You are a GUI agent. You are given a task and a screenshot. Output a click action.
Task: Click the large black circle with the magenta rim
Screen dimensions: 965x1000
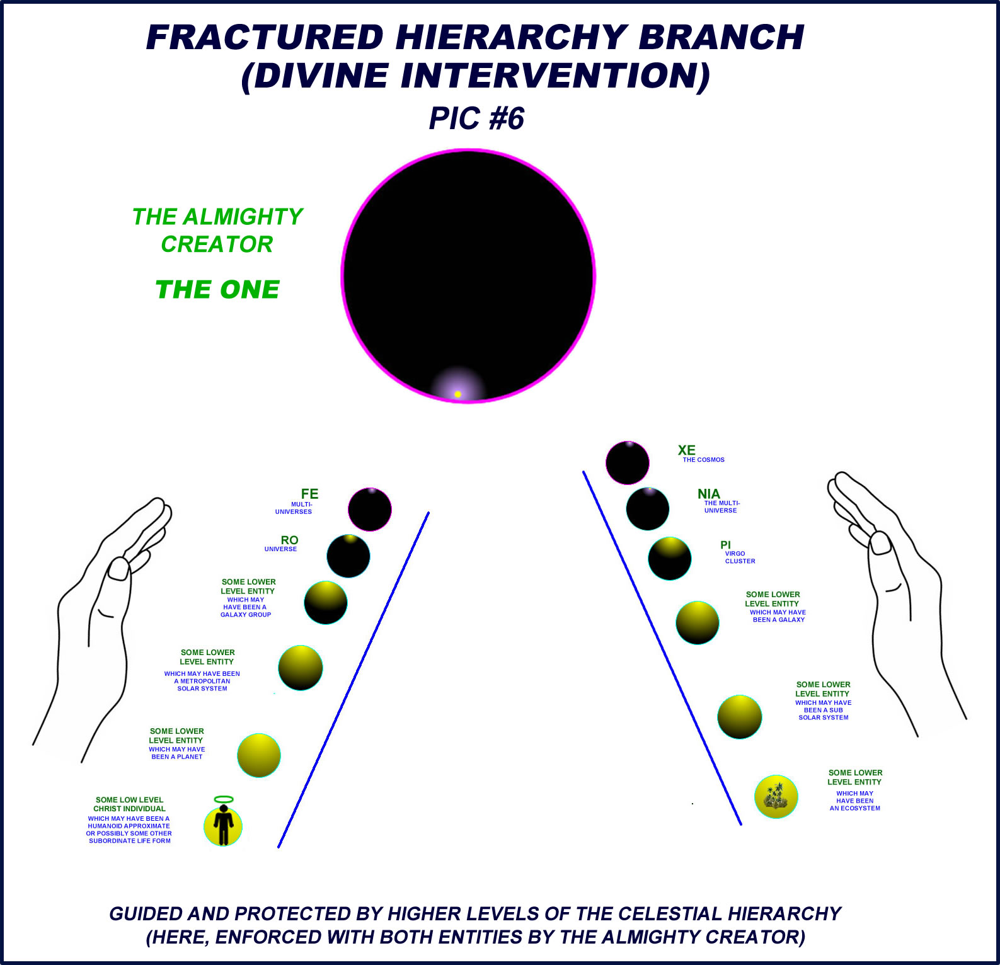[468, 276]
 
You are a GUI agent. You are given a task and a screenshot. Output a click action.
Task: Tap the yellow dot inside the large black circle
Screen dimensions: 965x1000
[458, 394]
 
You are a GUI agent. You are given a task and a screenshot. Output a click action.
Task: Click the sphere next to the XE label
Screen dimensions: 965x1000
[628, 463]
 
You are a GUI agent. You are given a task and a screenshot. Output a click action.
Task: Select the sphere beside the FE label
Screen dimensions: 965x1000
[370, 510]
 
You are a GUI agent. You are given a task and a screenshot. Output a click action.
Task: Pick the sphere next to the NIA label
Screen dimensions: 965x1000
[648, 509]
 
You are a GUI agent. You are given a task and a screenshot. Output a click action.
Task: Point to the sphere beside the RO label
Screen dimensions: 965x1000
[348, 556]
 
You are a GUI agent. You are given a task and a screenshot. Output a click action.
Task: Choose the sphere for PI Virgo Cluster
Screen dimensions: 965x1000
[670, 559]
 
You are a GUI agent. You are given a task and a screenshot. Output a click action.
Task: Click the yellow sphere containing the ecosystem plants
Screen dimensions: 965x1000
[776, 797]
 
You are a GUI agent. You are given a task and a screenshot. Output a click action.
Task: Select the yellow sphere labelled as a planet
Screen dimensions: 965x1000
[259, 755]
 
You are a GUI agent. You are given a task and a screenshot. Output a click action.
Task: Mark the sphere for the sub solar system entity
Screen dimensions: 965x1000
[740, 717]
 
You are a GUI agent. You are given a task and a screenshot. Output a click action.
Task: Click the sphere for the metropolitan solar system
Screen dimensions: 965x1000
[301, 668]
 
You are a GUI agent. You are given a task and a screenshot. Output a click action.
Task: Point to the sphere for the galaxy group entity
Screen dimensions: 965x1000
[326, 603]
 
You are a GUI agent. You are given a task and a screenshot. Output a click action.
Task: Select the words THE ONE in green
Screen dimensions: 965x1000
[217, 290]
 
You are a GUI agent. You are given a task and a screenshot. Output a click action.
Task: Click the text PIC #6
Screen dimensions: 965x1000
[476, 118]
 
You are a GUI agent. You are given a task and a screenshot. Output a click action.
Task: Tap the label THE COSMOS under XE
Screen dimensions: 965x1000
[703, 460]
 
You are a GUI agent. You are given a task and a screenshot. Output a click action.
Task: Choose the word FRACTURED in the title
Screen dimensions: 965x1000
[265, 37]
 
